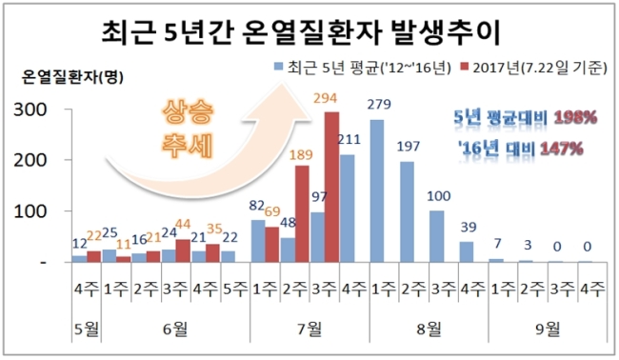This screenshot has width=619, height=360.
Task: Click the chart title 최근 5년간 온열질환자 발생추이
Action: pyautogui.click(x=301, y=32)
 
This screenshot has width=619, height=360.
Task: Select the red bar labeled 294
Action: pyautogui.click(x=331, y=187)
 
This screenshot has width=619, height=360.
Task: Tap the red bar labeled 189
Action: pyautogui.click(x=302, y=213)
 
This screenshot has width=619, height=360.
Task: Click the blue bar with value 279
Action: pyautogui.click(x=377, y=191)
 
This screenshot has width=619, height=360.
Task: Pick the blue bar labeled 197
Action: pyautogui.click(x=407, y=212)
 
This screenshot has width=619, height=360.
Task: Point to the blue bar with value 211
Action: pyautogui.click(x=347, y=209)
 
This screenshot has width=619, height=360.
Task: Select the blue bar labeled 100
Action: pyautogui.click(x=436, y=236)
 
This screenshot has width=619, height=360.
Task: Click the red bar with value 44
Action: pyautogui.click(x=183, y=250)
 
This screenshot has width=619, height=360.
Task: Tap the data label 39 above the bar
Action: pyautogui.click(x=469, y=228)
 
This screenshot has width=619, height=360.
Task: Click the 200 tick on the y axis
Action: pyautogui.click(x=30, y=161)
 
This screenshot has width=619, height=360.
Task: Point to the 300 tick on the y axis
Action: pyautogui.click(x=30, y=110)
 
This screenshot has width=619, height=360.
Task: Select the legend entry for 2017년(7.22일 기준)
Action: pyautogui.click(x=533, y=68)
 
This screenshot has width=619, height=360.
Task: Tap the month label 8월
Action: pyautogui.click(x=429, y=329)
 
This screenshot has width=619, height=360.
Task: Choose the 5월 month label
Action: pyautogui.click(x=87, y=329)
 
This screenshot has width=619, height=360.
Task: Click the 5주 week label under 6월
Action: pyautogui.click(x=235, y=290)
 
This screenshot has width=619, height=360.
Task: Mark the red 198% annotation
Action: pyautogui.click(x=575, y=117)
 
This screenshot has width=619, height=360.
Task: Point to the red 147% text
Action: pyautogui.click(x=562, y=149)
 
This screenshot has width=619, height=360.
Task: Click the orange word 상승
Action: pyautogui.click(x=188, y=113)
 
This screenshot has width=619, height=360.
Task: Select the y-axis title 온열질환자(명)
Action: pyautogui.click(x=72, y=77)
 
